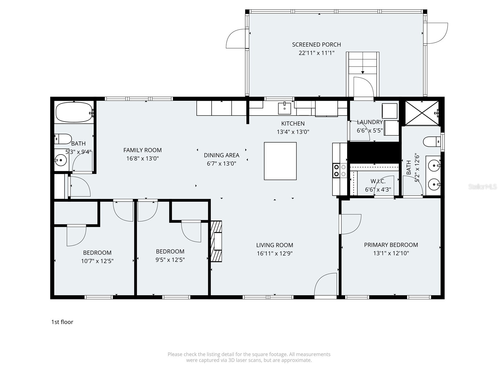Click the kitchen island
click(280, 161)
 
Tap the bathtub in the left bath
click(73, 112)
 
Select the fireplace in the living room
click(217, 242)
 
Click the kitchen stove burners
click(340, 170)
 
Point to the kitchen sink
click(284, 108)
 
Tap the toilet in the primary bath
click(431, 142)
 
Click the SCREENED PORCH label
click(316, 44)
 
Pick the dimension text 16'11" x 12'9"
click(275, 253)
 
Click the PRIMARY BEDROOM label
click(391, 245)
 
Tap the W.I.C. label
click(378, 181)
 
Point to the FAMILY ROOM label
click(142, 150)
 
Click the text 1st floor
click(62, 322)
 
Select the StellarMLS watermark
click(482, 187)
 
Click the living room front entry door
click(326, 284)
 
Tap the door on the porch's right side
click(437, 33)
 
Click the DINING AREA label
click(221, 155)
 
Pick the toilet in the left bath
click(63, 139)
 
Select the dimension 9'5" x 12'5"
click(170, 260)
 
